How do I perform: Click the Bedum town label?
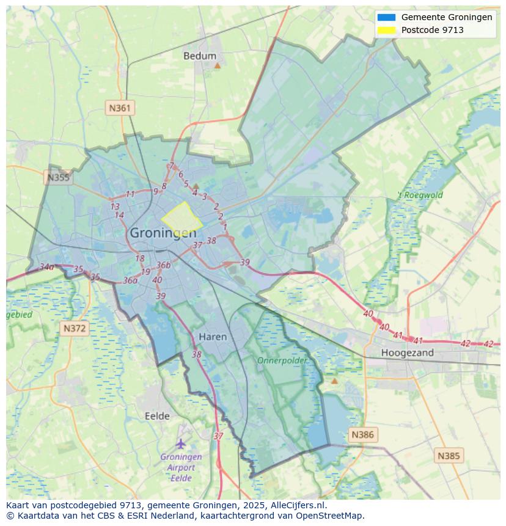pyautogui.click(x=200, y=56)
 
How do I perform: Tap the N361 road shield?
pyautogui.click(x=120, y=108)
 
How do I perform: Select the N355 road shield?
pyautogui.click(x=58, y=178)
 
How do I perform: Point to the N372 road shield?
pyautogui.click(x=75, y=329)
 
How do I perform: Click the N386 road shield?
pyautogui.click(x=362, y=435)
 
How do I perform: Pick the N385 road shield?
pyautogui.click(x=449, y=456)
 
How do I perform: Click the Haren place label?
pyautogui.click(x=213, y=337)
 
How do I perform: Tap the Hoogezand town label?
pyautogui.click(x=407, y=352)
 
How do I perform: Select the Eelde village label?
pyautogui.click(x=157, y=416)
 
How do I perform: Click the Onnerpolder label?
pyautogui.click(x=282, y=360)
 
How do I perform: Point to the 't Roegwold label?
pyautogui.click(x=420, y=195)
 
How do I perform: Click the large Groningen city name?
pyautogui.click(x=163, y=233)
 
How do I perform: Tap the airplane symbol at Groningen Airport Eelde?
pyautogui.click(x=180, y=443)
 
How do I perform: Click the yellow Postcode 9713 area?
pyautogui.click(x=182, y=217)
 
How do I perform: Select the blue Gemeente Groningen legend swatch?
pyautogui.click(x=386, y=18)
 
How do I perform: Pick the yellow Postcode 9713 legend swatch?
pyautogui.click(x=386, y=30)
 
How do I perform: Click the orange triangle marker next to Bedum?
pyautogui.click(x=217, y=65)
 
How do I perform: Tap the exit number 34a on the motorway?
pyautogui.click(x=46, y=267)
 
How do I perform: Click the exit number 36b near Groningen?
pyautogui.click(x=163, y=265)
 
